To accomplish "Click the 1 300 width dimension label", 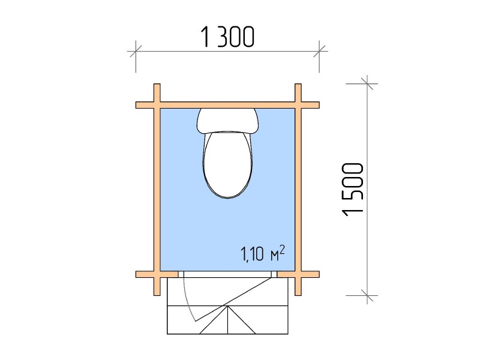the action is (227, 37).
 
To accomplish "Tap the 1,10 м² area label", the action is (263, 253).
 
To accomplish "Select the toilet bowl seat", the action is (227, 164).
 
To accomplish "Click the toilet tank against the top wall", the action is (227, 121).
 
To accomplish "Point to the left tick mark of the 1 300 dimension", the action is (136, 51).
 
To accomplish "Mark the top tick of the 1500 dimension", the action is (367, 83).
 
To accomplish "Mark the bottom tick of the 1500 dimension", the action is (367, 295).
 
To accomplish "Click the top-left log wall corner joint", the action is (157, 105).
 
